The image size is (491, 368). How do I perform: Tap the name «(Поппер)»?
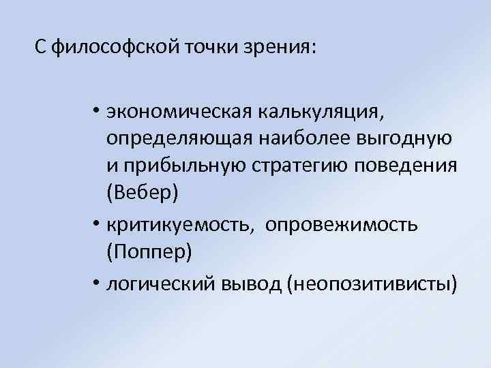point(149,252)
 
